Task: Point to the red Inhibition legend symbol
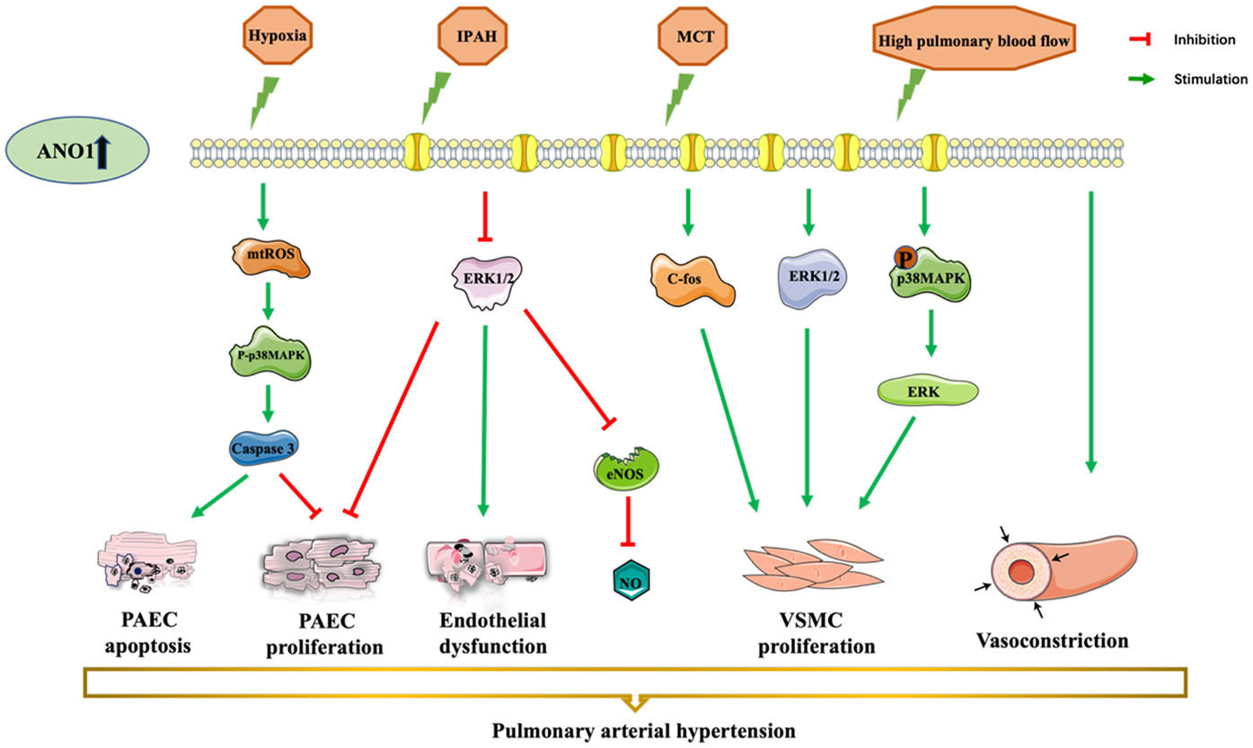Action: click(x=1142, y=40)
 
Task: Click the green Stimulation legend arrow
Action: click(x=1142, y=79)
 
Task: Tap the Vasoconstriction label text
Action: click(x=1052, y=641)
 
